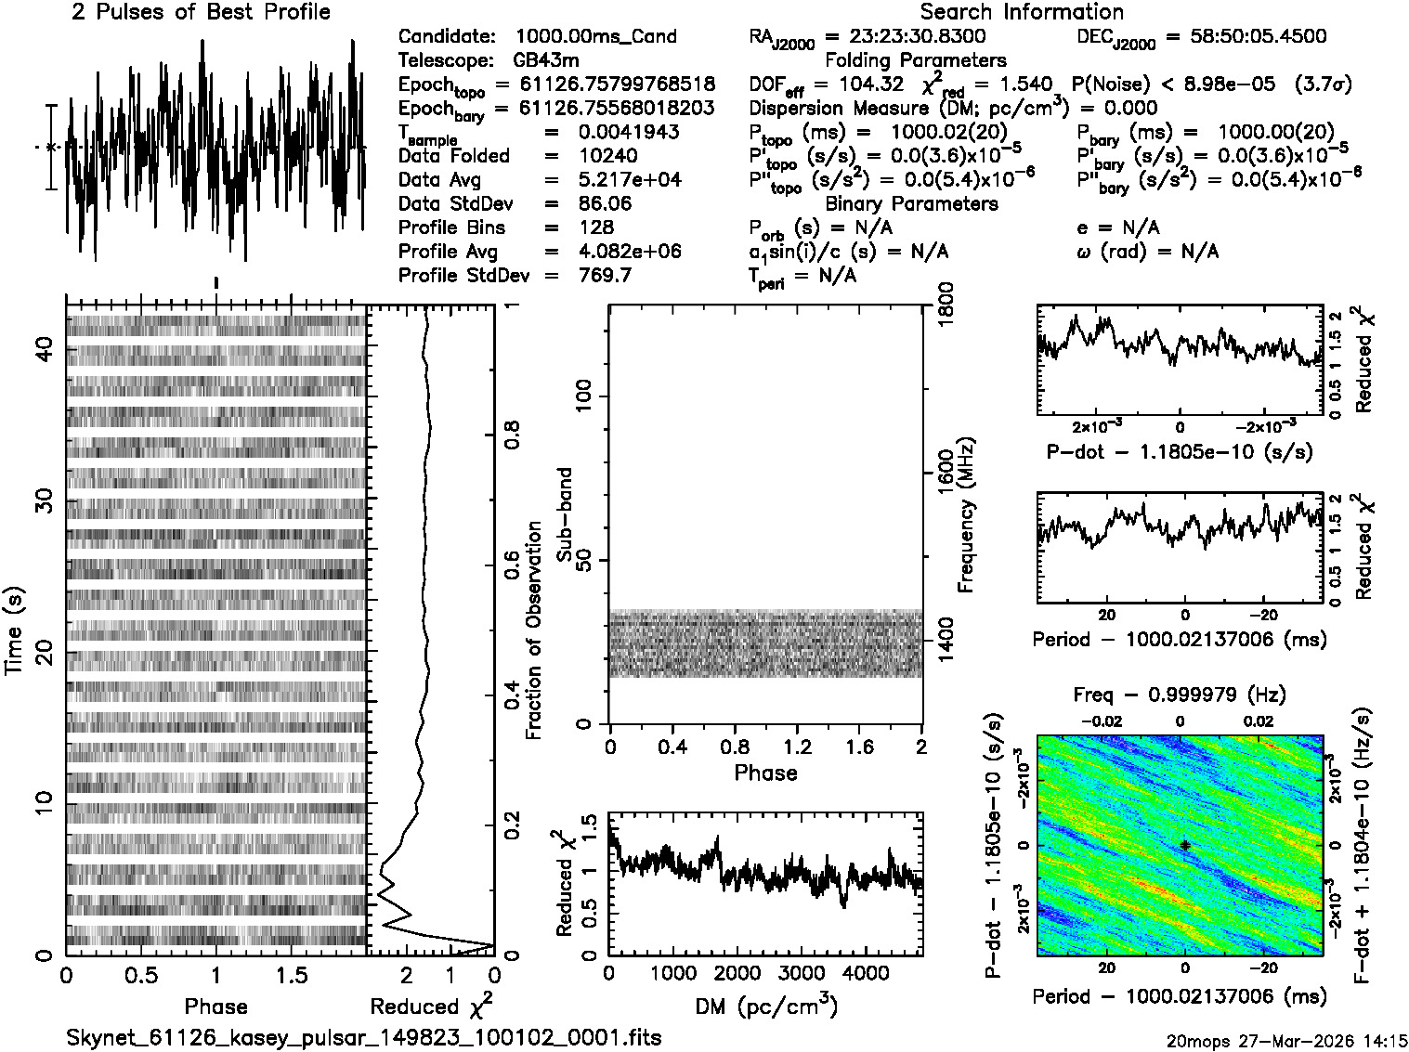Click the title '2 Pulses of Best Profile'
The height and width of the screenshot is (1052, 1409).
coord(201,12)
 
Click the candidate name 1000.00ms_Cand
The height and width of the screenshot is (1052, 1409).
coord(595,37)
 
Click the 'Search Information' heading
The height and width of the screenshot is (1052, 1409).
coord(1022,12)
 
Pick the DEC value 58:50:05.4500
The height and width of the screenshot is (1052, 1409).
coord(1246,37)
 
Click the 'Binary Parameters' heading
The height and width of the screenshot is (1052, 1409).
coord(911,203)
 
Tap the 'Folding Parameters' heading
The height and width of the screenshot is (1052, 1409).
coord(915,60)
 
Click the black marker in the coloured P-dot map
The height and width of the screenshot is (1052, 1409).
coord(1185,845)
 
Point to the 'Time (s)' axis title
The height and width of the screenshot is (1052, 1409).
coord(15,630)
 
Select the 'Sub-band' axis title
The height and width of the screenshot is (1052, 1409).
coord(564,514)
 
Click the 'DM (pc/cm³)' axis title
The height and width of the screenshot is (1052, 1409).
coord(766,1007)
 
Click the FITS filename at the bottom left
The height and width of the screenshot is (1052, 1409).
coord(364,1037)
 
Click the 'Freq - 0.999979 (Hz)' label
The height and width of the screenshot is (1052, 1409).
coord(1180,695)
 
